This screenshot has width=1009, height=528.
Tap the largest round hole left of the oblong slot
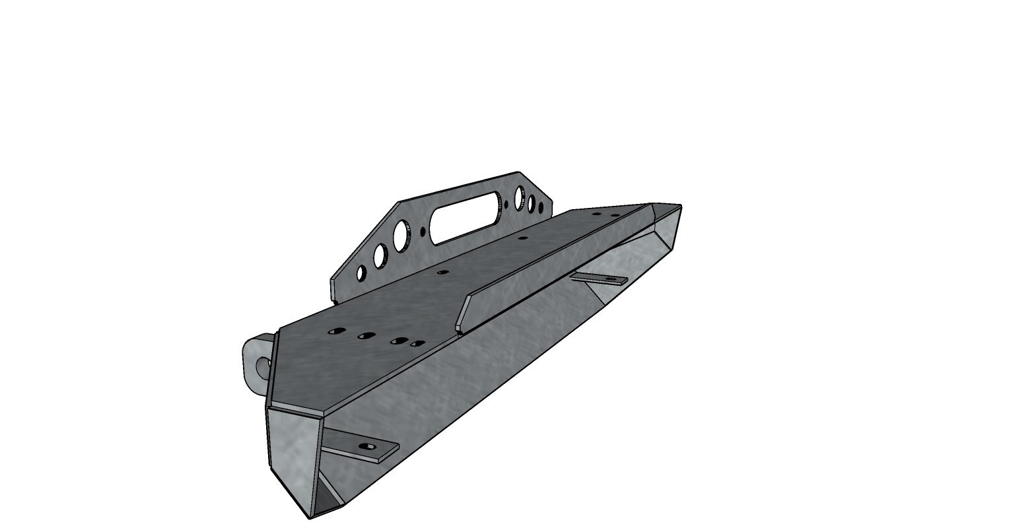coord(401,234)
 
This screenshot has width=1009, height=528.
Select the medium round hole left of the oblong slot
coord(380,256)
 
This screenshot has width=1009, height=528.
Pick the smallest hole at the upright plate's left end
coord(361,273)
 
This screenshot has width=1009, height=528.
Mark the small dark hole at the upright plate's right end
coord(541,208)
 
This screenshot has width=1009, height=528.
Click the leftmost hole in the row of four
coord(335,330)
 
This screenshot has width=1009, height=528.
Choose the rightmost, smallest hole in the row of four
coord(416,344)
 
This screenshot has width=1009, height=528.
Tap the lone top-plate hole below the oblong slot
coord(443,271)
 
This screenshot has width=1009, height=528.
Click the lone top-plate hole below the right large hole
coord(522,237)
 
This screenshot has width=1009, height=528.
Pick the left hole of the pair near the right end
coord(597,214)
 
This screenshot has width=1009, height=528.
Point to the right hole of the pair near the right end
coord(615,215)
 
